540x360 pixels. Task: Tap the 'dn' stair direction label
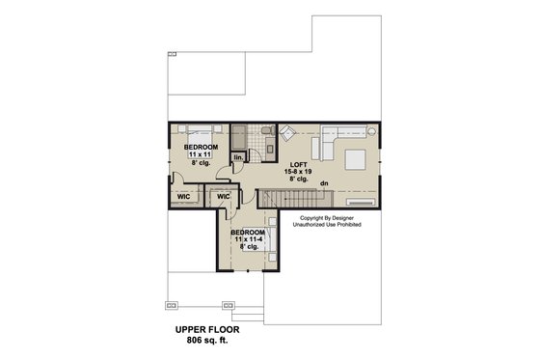pyautogui.click(x=325, y=182)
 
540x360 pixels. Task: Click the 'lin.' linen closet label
pyautogui.click(x=237, y=156)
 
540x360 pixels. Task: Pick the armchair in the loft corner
pyautogui.click(x=288, y=134)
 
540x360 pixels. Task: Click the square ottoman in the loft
pyautogui.click(x=352, y=158)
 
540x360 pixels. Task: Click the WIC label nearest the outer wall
pyautogui.click(x=182, y=196)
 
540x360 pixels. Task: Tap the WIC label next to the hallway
pyautogui.click(x=224, y=196)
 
